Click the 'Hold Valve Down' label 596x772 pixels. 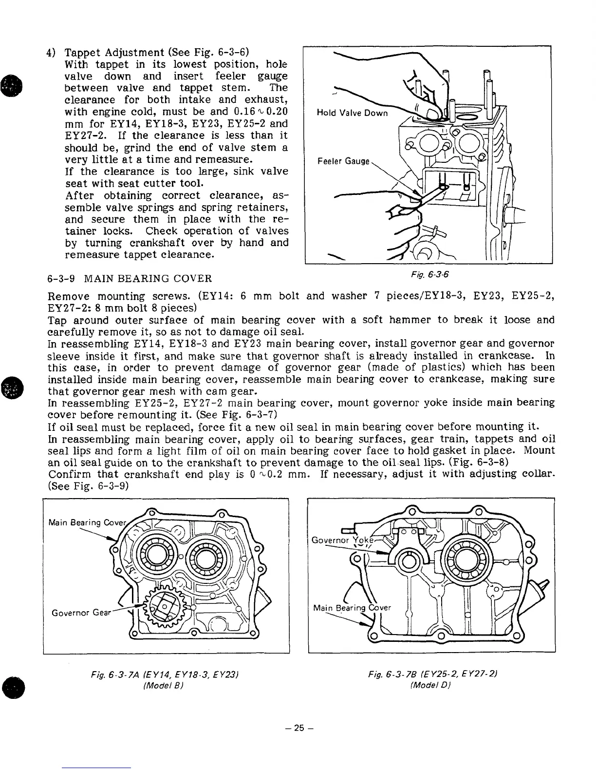352,113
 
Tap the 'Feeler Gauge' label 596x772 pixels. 344,161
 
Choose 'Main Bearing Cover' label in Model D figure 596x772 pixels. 352,608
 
